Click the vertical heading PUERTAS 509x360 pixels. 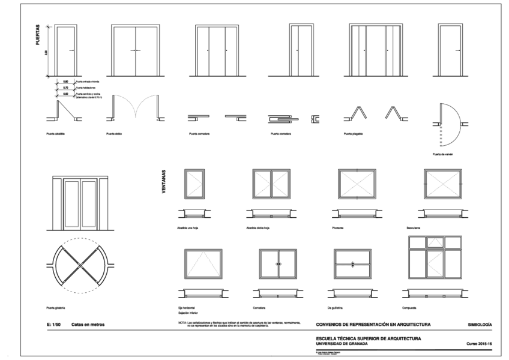tap(37, 37)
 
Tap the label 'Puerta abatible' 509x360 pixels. tap(55, 134)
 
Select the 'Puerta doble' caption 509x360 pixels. tap(114, 134)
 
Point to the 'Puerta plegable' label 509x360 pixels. tap(354, 134)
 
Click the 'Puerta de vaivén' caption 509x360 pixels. tap(441, 154)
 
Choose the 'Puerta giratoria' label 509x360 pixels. tap(56, 308)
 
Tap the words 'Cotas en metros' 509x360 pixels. tap(88, 325)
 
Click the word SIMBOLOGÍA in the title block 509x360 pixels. tap(480, 325)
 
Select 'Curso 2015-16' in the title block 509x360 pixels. tap(478, 344)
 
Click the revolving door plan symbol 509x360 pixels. tap(80, 264)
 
